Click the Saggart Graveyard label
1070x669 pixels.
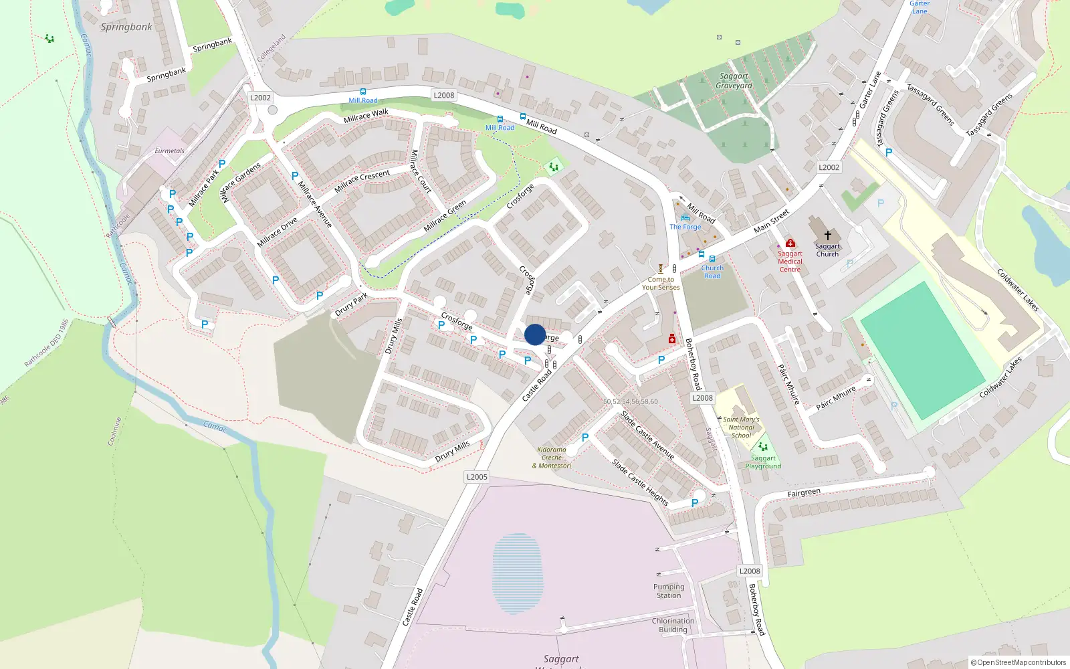point(734,81)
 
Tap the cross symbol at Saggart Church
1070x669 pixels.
point(827,235)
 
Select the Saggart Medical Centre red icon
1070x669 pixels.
point(790,243)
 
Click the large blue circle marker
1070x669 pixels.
point(535,334)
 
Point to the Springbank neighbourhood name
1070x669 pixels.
point(126,27)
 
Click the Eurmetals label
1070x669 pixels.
point(169,151)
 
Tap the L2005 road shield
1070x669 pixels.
point(477,477)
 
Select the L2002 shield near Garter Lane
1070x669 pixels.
point(829,167)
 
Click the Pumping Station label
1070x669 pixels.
point(669,591)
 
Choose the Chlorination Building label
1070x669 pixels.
point(673,625)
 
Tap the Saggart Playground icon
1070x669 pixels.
point(762,446)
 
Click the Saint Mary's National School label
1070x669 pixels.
point(741,427)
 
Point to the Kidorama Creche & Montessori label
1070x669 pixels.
point(552,458)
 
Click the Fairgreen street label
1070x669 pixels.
point(804,493)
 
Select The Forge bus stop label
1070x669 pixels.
point(685,227)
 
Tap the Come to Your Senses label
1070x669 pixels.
point(661,284)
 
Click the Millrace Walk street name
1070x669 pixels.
point(366,116)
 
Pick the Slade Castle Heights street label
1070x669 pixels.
point(640,482)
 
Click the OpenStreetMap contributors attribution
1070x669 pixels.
point(1019,662)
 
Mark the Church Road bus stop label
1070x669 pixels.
point(712,272)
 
